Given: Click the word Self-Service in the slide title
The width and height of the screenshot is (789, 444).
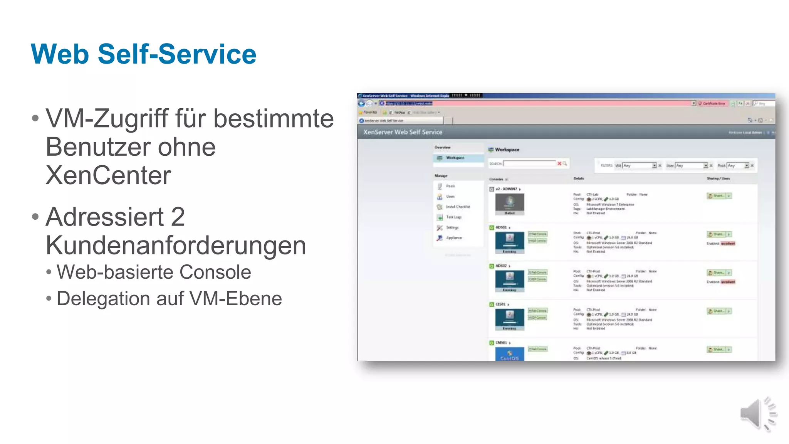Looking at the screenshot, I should coord(177,54).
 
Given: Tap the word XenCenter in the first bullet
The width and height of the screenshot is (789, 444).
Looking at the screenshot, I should coord(108,175).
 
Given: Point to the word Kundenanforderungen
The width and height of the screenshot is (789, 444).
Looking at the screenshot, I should coord(176,245).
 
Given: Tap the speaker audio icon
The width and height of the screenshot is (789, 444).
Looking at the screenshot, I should coord(757,414).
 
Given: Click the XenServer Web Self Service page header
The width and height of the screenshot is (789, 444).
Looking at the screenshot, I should coord(403,132).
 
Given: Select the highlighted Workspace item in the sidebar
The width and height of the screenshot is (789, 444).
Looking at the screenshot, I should coord(455,158).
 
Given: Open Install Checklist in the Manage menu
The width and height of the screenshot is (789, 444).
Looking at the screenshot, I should coord(458,207).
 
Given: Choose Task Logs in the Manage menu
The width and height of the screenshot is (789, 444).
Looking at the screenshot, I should coord(453,217).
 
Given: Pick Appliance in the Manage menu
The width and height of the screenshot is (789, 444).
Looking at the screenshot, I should coord(454,238).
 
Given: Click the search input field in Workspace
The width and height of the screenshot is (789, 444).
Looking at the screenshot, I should coord(530,164).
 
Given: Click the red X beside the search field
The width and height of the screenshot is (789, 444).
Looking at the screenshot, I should coord(559,164).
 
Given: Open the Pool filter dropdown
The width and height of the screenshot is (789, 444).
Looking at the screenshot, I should coord(738,166).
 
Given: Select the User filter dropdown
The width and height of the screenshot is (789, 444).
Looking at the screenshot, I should coord(692,166).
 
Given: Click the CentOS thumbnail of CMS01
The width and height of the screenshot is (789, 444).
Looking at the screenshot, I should coord(509,354).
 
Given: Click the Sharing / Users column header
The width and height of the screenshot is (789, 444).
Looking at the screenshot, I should coord(718,179).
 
